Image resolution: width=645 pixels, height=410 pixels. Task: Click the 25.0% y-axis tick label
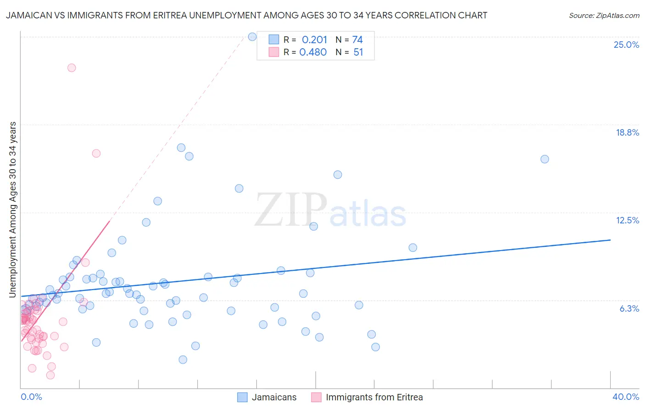coord(626,45)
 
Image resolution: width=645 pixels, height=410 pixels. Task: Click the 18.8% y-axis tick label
coord(627,132)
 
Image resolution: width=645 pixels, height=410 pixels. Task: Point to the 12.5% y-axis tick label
coord(627,220)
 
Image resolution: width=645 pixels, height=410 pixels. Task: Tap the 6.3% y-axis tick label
coord(629,308)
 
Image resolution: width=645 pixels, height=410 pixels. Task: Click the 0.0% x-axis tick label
coord(31,397)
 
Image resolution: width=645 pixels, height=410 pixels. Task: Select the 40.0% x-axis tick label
coord(625,397)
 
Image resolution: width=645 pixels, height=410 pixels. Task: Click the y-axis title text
coord(13,210)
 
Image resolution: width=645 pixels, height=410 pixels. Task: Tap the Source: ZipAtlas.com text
coord(604,15)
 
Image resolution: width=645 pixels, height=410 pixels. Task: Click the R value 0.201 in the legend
coord(314,40)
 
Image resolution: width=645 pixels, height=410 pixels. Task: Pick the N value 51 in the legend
coord(358,52)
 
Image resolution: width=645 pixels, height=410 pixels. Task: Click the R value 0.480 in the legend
coord(313,52)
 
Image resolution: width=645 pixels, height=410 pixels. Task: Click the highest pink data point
coord(72,68)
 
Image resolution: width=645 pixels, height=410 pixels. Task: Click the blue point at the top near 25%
coord(252,37)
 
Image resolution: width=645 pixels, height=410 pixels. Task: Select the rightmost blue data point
coord(545,159)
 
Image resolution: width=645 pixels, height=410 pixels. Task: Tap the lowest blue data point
coord(183,359)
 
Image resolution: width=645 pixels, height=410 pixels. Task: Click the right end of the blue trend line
coord(610,240)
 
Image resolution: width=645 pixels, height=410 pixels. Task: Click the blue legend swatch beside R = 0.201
coord(274,40)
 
